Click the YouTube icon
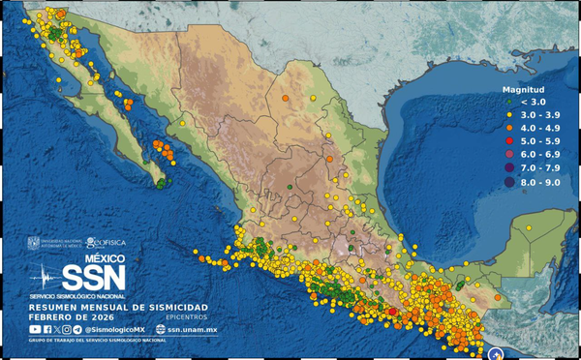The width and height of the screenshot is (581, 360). pyautogui.click(x=35, y=330)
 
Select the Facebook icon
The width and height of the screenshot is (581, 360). pyautogui.click(x=47, y=330)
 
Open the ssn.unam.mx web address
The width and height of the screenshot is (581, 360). pyautogui.click(x=194, y=330)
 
